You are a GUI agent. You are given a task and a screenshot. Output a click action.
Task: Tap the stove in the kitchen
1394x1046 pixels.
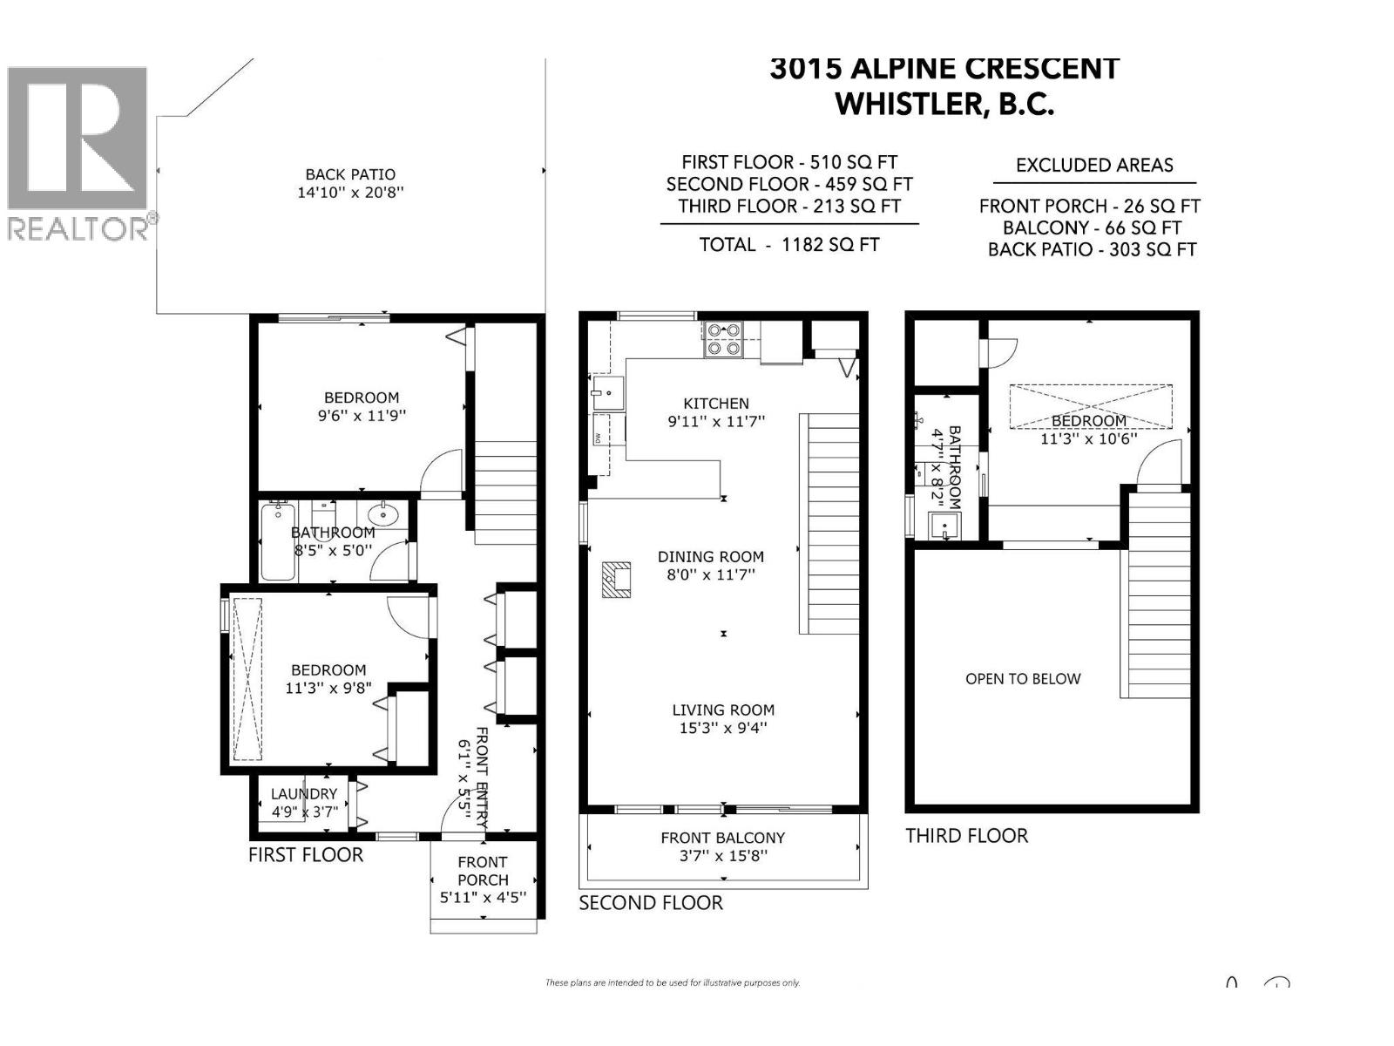coord(723,339)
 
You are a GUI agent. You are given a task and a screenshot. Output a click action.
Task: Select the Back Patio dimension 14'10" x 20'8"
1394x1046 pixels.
coord(350,192)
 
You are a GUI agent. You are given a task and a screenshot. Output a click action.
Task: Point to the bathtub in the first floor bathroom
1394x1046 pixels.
coord(278,540)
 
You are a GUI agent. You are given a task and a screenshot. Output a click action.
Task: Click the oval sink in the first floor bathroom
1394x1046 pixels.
coord(383,514)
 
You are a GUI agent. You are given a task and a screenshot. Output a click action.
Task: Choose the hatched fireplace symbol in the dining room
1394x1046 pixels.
coord(616,579)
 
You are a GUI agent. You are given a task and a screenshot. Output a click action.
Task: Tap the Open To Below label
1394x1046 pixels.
coord(1023,679)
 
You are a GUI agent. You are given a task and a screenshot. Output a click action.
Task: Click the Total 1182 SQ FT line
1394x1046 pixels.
coord(789,245)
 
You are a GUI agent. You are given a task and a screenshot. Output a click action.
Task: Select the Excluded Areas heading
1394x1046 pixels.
coord(1094,165)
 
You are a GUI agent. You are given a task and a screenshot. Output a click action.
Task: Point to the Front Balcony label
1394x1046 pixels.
coord(723,838)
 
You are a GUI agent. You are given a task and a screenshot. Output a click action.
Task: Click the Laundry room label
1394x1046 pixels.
coord(303,794)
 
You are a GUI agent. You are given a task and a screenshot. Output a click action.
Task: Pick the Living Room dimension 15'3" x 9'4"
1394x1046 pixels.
coord(723,728)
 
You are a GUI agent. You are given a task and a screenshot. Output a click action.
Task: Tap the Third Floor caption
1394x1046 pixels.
coord(966,836)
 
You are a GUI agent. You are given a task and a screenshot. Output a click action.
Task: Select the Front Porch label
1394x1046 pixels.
coord(483,871)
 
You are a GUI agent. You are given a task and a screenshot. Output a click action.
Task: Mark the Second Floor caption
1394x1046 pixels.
coord(651,903)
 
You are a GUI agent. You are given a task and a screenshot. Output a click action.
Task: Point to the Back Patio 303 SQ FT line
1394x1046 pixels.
coord(1092,249)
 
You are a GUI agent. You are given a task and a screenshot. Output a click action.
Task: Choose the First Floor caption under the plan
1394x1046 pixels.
coord(306,855)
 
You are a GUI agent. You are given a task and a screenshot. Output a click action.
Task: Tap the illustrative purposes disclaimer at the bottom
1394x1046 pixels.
coord(673,982)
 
